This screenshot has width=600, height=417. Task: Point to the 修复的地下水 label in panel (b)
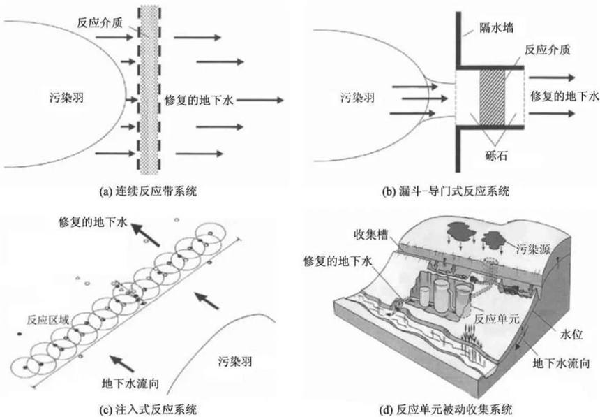[x=565, y=94]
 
